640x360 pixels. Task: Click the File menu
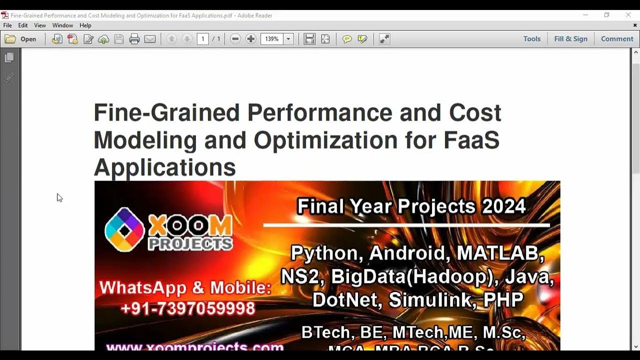tap(7, 25)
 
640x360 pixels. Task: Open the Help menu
tap(85, 25)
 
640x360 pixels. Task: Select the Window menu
tap(62, 25)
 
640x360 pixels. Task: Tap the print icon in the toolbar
tap(134, 39)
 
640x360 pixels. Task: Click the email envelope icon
tap(150, 39)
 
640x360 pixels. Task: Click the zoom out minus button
tap(235, 39)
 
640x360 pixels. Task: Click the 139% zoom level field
tap(272, 39)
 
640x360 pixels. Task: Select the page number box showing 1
tap(202, 39)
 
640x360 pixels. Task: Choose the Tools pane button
tap(532, 39)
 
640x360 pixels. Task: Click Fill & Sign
tap(570, 39)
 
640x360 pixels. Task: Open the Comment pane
tap(617, 39)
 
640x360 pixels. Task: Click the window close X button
tap(628, 15)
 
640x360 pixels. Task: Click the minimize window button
tap(585, 15)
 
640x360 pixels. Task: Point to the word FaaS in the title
tap(471, 140)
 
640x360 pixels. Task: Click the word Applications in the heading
tap(164, 167)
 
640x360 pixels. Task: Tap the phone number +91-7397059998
tap(188, 308)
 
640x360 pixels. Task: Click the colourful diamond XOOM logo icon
tap(124, 229)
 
